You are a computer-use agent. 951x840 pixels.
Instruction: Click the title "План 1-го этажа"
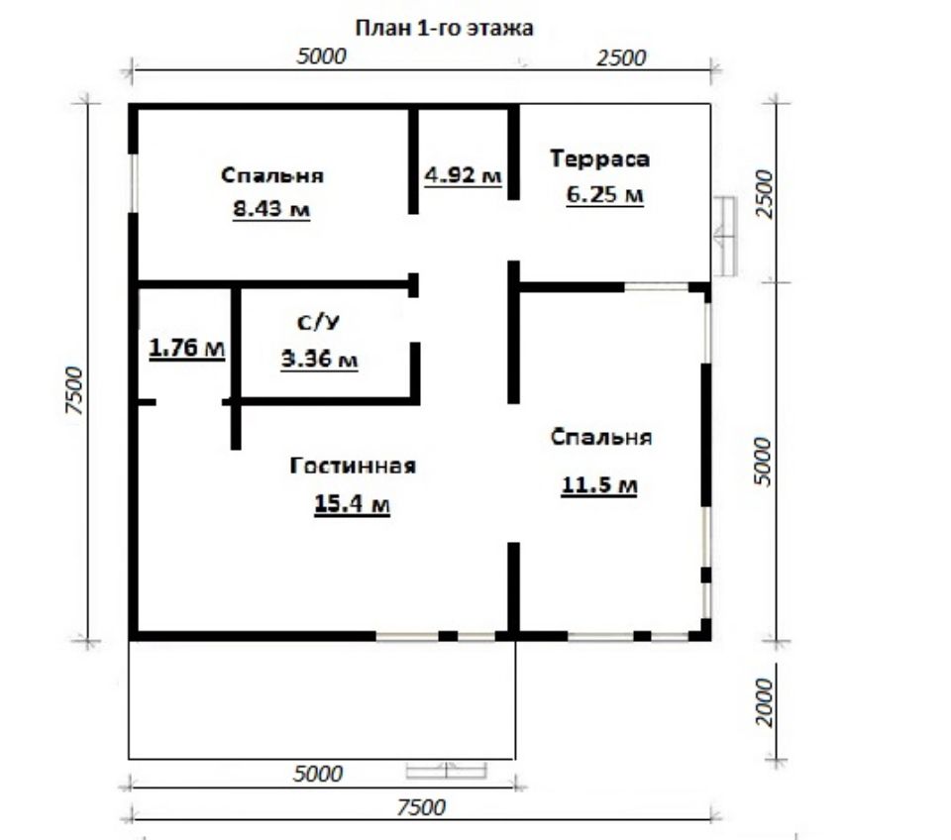(x=444, y=29)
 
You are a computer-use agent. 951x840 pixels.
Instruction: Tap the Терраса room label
(x=600, y=158)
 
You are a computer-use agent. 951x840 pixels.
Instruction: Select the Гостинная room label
(x=353, y=466)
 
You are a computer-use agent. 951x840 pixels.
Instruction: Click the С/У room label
(x=318, y=322)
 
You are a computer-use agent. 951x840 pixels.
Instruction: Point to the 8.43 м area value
(x=271, y=209)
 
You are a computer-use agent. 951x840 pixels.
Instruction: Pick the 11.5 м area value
(x=599, y=485)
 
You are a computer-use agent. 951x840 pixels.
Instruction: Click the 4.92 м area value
(x=463, y=175)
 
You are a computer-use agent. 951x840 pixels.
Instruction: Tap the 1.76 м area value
(x=187, y=348)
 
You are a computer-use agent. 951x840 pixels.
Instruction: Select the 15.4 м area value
(x=352, y=503)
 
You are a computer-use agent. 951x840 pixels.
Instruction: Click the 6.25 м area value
(x=604, y=195)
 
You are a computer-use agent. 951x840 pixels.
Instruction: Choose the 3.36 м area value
(x=319, y=360)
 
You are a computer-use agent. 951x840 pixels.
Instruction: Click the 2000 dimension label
(x=766, y=702)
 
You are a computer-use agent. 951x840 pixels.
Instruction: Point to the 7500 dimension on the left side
(x=73, y=390)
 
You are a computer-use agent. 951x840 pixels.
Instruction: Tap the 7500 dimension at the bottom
(x=421, y=807)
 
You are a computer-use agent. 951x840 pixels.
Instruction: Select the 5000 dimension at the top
(x=321, y=56)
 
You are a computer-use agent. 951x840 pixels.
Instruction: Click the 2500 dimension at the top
(x=622, y=58)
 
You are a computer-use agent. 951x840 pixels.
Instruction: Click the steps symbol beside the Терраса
(x=724, y=236)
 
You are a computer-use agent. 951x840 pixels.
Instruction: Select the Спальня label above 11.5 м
(x=601, y=437)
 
